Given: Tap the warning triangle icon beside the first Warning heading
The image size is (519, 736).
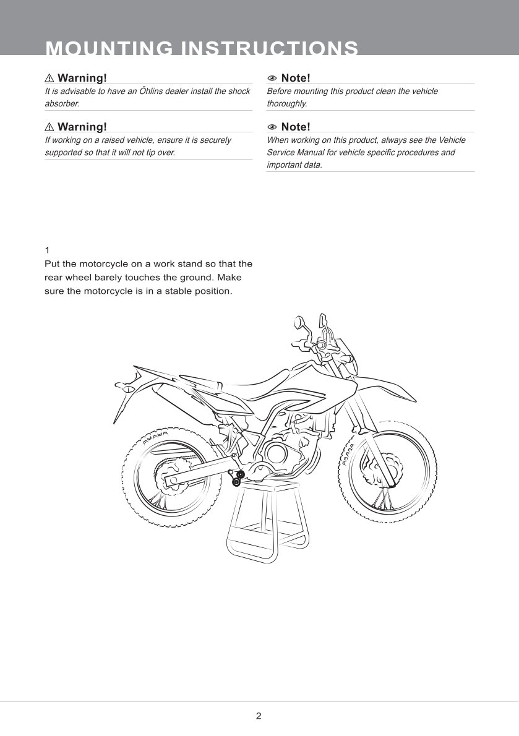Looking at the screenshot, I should [x=49, y=78].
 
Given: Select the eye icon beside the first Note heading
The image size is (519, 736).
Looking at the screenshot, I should [x=272, y=78].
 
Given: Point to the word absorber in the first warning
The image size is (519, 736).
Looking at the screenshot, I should [x=62, y=103].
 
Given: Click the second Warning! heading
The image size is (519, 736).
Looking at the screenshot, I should [x=82, y=127].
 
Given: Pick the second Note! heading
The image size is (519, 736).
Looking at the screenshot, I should [x=295, y=127].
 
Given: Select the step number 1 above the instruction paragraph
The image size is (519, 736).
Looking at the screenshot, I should [x=47, y=250].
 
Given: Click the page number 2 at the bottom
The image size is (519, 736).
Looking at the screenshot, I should [x=259, y=716].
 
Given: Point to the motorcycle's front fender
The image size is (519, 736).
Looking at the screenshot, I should [x=384, y=402].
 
